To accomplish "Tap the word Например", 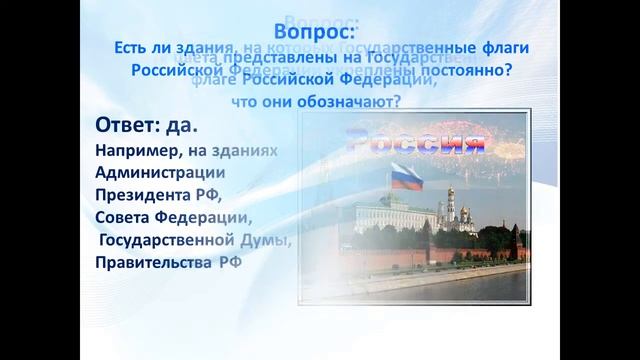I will pos(136,149).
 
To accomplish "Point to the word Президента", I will pos(139,194).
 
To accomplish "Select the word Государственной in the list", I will pos(165,241).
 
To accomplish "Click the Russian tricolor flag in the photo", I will pos(404,176).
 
